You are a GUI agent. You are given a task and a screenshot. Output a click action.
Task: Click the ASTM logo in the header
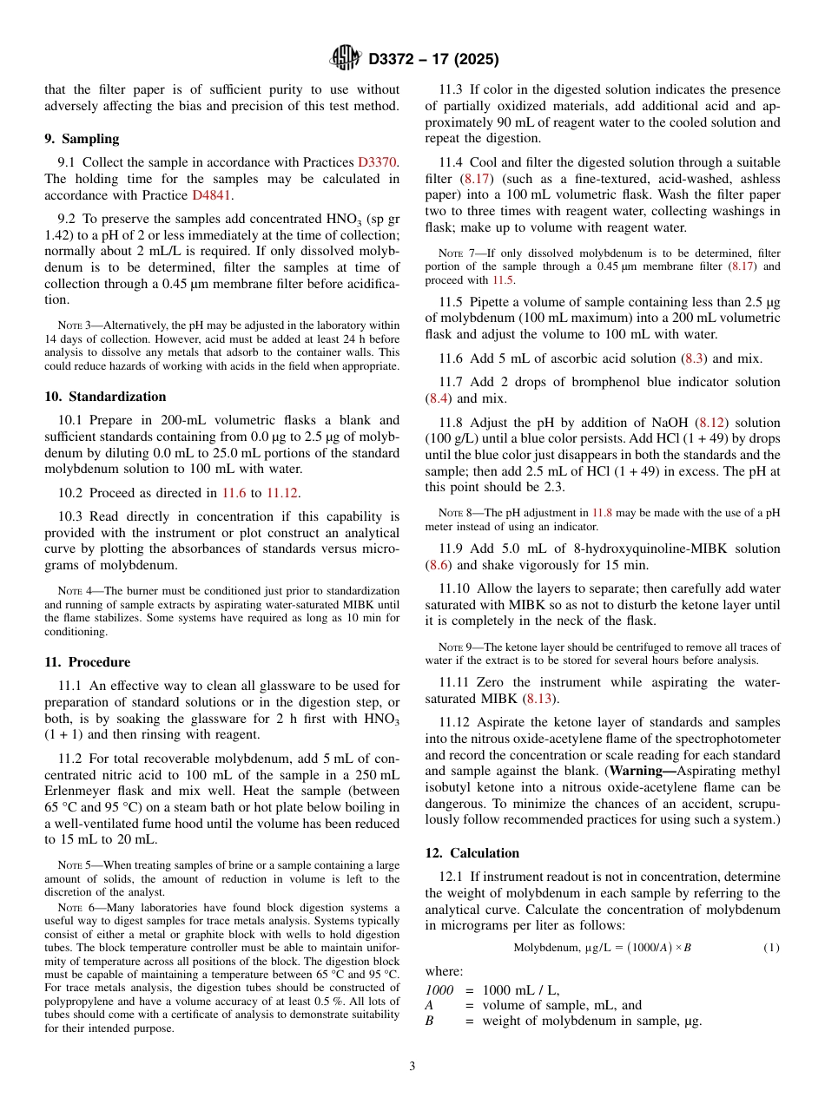pos(345,58)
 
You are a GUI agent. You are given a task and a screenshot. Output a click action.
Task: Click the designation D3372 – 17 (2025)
pos(433,59)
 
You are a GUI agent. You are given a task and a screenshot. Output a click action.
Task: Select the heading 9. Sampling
pos(82,139)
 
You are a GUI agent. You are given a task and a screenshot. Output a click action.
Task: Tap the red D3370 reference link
pos(379,162)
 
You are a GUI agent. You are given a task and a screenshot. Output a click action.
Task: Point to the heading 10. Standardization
pos(105,397)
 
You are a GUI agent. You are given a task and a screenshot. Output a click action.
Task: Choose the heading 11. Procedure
pos(87,662)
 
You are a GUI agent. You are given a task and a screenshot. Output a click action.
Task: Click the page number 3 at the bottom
pos(412,1066)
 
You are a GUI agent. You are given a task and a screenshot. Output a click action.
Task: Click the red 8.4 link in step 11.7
pos(438,398)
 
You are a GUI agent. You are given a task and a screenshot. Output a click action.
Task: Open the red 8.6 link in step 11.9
pos(438,565)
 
